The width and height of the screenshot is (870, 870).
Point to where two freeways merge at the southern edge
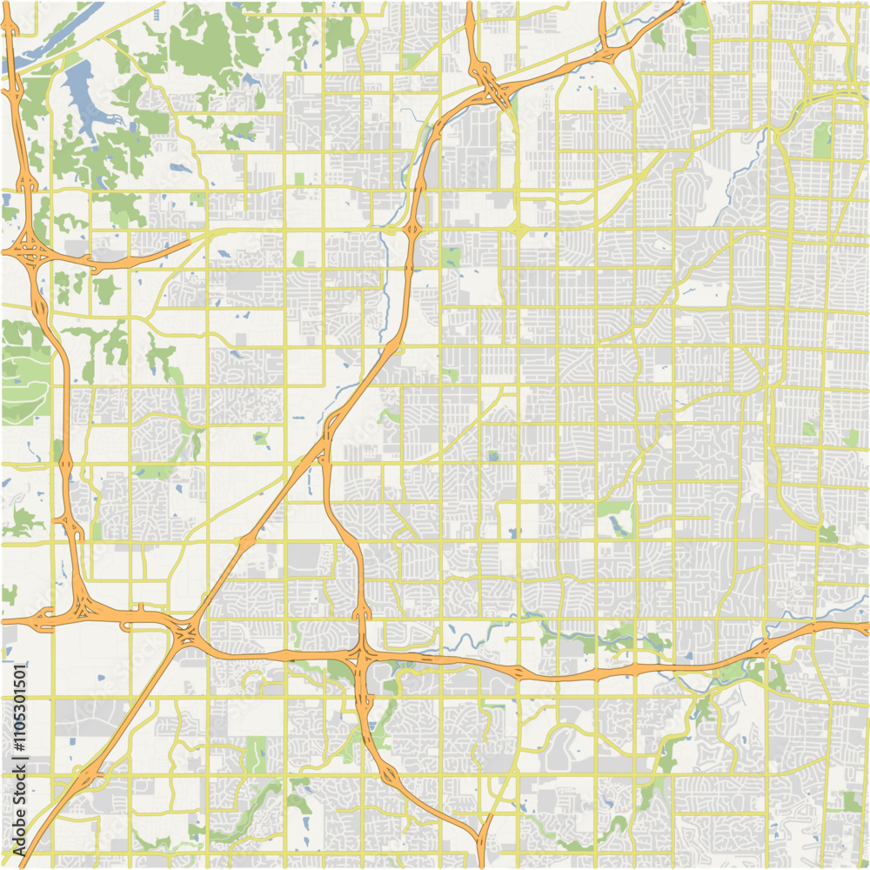tap(480, 840)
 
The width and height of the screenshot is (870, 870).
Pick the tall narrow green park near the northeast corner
tap(821, 139)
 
